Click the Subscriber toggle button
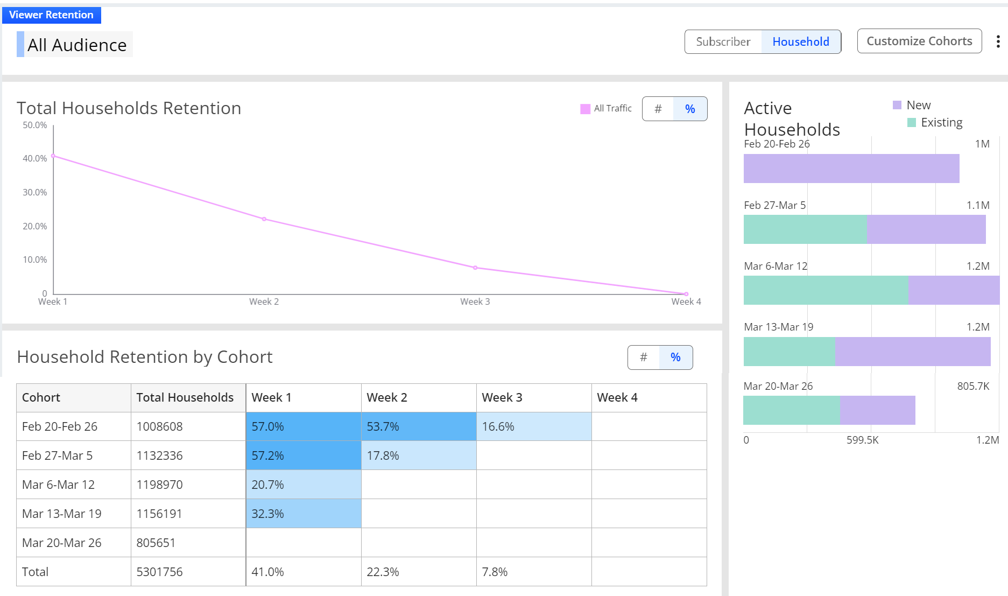[723, 41]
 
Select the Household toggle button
[801, 41]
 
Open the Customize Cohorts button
[919, 41]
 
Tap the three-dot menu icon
[998, 41]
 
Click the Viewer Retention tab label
[51, 15]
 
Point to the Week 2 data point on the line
[264, 219]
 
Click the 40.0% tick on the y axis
[35, 158]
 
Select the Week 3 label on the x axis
[475, 301]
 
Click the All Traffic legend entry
[606, 108]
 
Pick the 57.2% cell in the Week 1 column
[304, 455]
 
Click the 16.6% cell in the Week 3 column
[534, 426]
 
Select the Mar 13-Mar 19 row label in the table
[62, 514]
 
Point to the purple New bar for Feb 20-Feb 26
[851, 169]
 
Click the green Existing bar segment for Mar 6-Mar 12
[826, 290]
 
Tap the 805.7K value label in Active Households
[973, 386]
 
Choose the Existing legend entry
[935, 122]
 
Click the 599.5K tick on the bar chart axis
[862, 440]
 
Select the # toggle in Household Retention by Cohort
[644, 357]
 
